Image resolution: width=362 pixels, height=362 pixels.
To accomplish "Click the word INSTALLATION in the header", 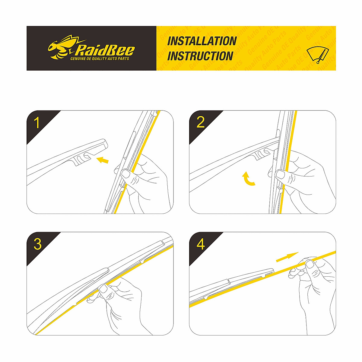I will [202, 41].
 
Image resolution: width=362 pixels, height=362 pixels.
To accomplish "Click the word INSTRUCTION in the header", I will [200, 56].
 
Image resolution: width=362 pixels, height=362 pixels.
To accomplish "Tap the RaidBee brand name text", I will [105, 50].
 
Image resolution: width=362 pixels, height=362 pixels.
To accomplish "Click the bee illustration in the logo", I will [60, 47].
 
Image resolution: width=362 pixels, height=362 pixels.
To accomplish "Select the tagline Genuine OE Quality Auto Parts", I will [100, 59].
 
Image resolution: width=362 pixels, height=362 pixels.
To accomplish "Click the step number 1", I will [37, 123].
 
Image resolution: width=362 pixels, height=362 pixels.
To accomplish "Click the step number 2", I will [200, 122].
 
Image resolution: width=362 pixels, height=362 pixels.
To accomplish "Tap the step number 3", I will [37, 244].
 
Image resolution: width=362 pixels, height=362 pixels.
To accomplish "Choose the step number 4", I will [201, 244].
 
